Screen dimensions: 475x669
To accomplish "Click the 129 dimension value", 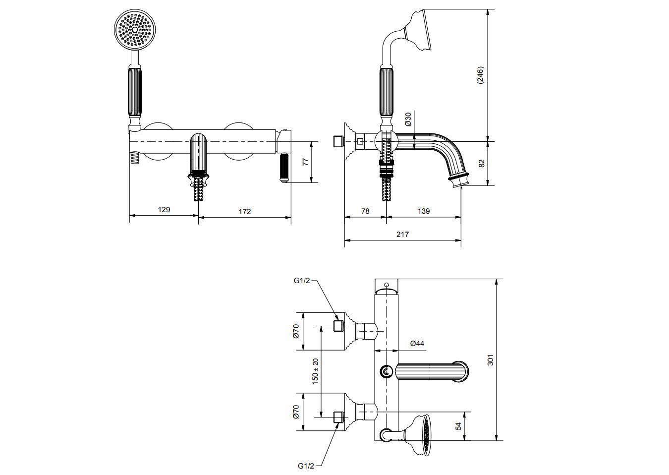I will (164, 210).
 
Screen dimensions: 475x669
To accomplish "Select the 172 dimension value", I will (245, 211).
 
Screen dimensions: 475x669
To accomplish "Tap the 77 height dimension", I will (305, 162).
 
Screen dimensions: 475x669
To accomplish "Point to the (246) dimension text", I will (480, 76).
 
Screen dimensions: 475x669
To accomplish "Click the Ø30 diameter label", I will (408, 119).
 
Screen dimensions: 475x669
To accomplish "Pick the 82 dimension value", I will (482, 163).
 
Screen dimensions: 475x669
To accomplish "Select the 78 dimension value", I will (365, 211).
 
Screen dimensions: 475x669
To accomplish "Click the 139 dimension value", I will (424, 211).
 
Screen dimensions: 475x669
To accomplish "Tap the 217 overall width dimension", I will (403, 235).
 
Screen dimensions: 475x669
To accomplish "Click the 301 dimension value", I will (491, 360).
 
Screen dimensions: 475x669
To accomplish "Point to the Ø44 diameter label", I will (417, 343).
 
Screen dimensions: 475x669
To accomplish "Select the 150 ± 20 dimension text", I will (315, 372).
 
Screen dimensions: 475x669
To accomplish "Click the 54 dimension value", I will (458, 426).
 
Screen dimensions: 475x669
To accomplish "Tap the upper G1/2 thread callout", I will (302, 280).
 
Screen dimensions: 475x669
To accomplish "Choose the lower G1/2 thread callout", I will (306, 466).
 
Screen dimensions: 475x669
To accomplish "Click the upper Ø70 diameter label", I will (296, 331).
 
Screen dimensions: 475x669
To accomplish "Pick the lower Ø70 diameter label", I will (296, 412).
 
